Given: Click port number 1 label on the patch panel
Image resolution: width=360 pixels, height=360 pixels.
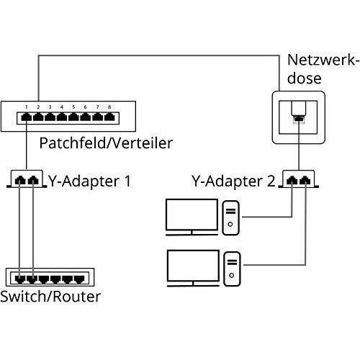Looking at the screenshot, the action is tap(27, 107).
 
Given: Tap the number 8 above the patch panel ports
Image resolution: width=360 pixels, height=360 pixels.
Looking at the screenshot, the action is tap(109, 107).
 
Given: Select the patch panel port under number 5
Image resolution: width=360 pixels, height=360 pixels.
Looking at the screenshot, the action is tap(73, 117).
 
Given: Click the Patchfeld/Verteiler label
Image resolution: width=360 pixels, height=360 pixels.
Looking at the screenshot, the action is tap(106, 143).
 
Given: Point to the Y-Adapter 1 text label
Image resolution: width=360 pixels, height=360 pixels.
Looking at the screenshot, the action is tap(90, 181).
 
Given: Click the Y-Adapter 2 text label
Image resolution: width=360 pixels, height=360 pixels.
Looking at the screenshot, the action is tap(233, 181).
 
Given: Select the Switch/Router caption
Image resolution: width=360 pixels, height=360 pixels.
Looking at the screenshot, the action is tap(50, 297).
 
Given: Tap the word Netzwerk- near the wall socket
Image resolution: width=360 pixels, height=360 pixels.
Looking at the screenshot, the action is tap(323, 60).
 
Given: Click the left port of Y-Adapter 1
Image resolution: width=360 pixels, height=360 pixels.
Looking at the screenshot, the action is tap(20, 180).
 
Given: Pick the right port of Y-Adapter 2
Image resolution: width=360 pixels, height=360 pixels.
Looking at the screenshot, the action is tap(305, 180).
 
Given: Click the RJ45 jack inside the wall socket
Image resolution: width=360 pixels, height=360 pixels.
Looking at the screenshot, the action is tap(299, 118).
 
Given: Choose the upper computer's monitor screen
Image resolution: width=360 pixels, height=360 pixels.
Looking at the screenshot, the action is tap(192, 215).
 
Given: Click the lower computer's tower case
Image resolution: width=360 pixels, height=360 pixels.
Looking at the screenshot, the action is tap(232, 269).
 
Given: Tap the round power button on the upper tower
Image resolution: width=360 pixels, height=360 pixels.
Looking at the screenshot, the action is tap(230, 224).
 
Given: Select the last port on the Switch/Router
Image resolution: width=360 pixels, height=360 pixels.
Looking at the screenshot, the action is tap(79, 279).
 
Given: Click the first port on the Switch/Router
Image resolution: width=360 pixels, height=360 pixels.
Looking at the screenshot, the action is tap(20, 279).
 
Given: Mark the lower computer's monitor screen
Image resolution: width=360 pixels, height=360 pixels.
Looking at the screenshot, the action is tap(193, 266).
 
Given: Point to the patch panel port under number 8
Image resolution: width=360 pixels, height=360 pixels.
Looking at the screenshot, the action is tap(109, 117).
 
